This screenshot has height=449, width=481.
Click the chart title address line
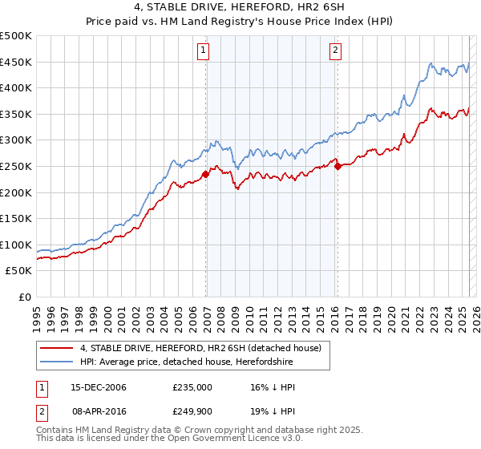240,9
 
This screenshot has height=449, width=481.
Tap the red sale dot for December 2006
206,174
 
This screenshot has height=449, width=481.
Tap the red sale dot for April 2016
338,166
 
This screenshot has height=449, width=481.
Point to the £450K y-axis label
17,62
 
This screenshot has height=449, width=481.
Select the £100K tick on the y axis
17,245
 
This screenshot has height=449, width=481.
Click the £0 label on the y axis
25,297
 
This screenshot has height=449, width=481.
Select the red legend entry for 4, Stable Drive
200,348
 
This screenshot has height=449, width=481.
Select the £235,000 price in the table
192,387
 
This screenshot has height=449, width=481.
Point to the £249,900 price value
192,411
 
